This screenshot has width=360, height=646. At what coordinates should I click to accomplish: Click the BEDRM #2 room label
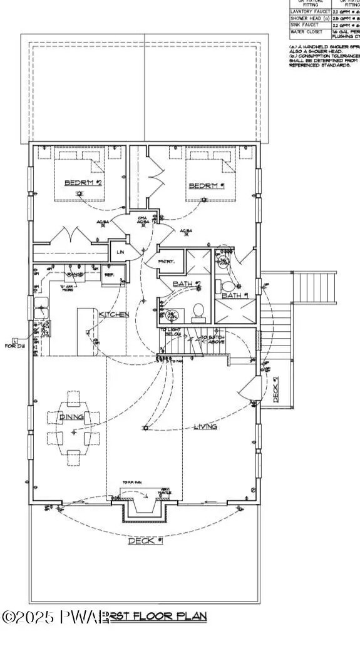pos(83,183)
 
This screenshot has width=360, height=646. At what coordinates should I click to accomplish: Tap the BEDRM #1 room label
pos(207,186)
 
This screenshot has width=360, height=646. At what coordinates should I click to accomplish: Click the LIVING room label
pos(205,427)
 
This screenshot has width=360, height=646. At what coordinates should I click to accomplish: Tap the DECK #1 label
pos(145,541)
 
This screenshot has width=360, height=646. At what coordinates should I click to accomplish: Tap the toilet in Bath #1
pos(227,286)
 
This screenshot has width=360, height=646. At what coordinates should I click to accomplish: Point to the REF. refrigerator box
pos(108,274)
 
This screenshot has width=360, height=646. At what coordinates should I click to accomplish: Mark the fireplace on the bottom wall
pos(145,504)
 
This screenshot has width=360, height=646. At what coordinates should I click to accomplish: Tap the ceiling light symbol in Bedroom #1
pos(203,200)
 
